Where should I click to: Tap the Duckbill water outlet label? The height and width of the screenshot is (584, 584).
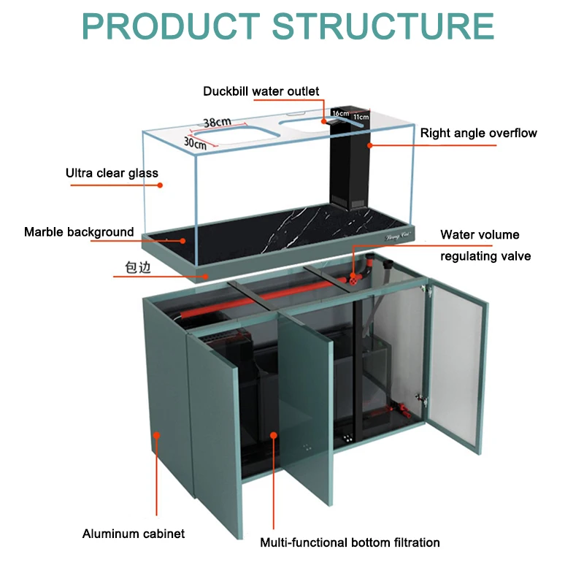261,91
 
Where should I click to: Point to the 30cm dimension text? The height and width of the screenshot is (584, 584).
195,143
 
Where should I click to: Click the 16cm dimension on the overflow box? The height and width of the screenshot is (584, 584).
340,113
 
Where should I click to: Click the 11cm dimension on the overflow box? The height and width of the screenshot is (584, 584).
361,116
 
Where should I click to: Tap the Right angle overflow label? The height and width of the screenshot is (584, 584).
478,133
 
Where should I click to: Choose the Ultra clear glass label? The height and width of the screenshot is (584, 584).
112,173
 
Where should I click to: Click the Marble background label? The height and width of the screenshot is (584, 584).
79,232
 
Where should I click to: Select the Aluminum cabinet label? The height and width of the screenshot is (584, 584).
133,534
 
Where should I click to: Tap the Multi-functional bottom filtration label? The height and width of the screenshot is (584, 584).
350,542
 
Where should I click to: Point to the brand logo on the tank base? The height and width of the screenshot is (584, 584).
399,236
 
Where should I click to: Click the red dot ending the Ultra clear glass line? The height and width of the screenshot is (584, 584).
161,185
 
